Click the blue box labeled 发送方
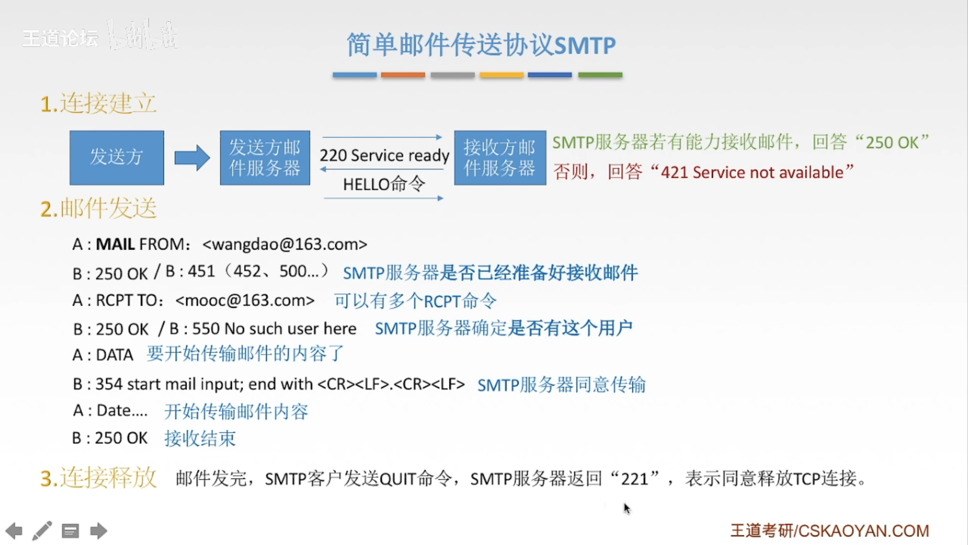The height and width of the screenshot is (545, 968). tap(116, 157)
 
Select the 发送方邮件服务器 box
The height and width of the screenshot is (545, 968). tap(265, 157)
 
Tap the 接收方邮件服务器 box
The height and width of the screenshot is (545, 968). tap(500, 157)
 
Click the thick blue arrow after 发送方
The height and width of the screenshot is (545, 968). tap(192, 157)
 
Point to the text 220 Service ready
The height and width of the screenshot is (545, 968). tap(384, 155)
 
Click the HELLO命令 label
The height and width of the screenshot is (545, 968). tap(384, 184)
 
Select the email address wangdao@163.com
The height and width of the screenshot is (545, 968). tap(285, 244)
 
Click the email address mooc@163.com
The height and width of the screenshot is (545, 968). tap(245, 300)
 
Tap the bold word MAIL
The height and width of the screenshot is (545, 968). tap(115, 244)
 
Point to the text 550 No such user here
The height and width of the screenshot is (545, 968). tap(274, 329)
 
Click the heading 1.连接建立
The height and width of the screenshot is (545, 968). tap(98, 104)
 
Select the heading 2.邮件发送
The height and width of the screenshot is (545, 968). tap(99, 208)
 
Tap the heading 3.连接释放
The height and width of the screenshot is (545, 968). tap(99, 478)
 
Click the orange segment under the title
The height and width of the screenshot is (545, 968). tap(403, 75)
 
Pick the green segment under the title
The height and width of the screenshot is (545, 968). tap(600, 75)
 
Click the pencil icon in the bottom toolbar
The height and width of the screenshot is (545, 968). tap(42, 531)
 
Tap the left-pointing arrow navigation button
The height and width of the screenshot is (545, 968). tap(14, 531)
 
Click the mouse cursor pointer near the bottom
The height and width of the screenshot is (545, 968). tap(627, 508)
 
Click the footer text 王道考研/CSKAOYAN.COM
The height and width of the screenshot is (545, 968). tap(829, 531)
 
